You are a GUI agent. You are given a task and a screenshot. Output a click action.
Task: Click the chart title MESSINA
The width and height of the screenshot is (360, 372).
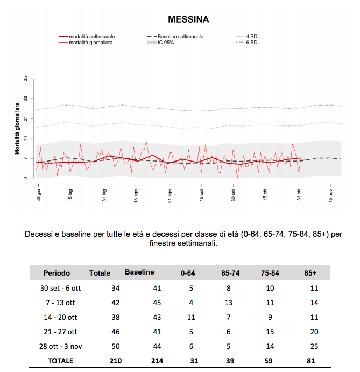(x=188, y=19)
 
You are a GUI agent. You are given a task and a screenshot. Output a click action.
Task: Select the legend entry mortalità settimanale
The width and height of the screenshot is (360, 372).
(x=87, y=37)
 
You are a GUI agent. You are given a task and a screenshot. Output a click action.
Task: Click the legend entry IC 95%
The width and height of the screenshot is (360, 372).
(x=160, y=43)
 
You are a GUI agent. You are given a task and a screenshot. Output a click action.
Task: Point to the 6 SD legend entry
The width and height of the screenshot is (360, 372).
(x=246, y=43)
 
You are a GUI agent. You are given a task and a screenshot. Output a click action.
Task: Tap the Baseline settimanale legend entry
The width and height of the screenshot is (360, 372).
(x=175, y=37)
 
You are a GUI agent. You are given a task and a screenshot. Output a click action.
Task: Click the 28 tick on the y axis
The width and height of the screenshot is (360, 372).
(x=25, y=99)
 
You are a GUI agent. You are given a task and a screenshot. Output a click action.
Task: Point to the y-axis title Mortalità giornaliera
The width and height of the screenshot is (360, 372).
(x=17, y=128)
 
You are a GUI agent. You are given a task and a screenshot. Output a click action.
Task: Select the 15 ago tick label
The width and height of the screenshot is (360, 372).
(x=136, y=196)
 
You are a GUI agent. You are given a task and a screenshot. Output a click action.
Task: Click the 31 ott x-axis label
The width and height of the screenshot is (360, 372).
(x=299, y=195)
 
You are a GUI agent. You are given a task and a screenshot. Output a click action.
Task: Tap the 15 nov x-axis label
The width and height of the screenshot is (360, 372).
(x=330, y=196)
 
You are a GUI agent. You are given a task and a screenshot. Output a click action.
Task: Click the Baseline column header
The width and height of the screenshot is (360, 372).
(x=139, y=272)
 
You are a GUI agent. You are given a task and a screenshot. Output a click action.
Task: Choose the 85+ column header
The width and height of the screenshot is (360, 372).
(x=310, y=273)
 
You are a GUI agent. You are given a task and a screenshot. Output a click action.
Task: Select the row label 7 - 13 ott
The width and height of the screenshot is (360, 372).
(x=60, y=303)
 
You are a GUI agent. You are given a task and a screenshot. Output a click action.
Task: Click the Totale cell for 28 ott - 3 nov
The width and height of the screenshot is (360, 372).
(x=116, y=346)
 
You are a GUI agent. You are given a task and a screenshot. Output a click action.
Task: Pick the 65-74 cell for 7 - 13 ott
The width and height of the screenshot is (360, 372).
(x=228, y=303)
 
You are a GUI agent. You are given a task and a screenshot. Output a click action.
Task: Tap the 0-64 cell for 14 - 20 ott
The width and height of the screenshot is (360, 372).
(x=191, y=317)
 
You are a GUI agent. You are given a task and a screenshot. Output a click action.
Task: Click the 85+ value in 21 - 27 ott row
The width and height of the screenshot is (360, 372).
(x=314, y=332)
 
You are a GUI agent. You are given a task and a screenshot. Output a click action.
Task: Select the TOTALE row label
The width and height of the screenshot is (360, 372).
(x=60, y=361)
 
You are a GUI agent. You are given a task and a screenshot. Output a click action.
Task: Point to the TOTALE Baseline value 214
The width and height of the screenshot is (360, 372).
(x=157, y=361)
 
